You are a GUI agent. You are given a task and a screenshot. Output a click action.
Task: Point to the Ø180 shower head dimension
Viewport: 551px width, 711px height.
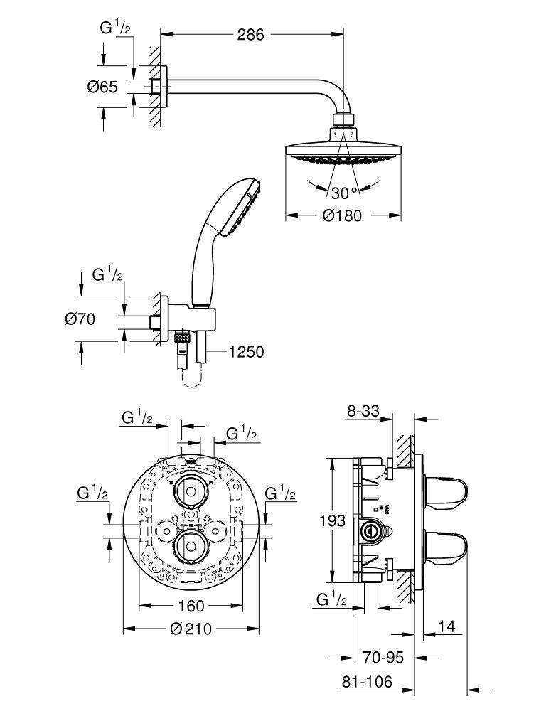pyautogui.click(x=341, y=215)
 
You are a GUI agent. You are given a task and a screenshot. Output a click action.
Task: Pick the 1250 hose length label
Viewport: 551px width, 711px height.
pyautogui.click(x=246, y=351)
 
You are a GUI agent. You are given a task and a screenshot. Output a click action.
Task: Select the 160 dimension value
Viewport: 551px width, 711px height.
pyautogui.click(x=190, y=606)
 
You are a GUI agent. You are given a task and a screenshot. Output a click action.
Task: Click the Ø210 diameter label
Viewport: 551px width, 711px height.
pyautogui.click(x=190, y=629)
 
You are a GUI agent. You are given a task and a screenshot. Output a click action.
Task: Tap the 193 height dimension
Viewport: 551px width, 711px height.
pyautogui.click(x=331, y=520)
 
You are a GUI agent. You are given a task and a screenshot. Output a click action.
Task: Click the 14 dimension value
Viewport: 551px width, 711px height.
pyautogui.click(x=446, y=626)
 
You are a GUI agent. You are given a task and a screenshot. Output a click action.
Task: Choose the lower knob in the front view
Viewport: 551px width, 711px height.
pyautogui.click(x=191, y=545)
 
